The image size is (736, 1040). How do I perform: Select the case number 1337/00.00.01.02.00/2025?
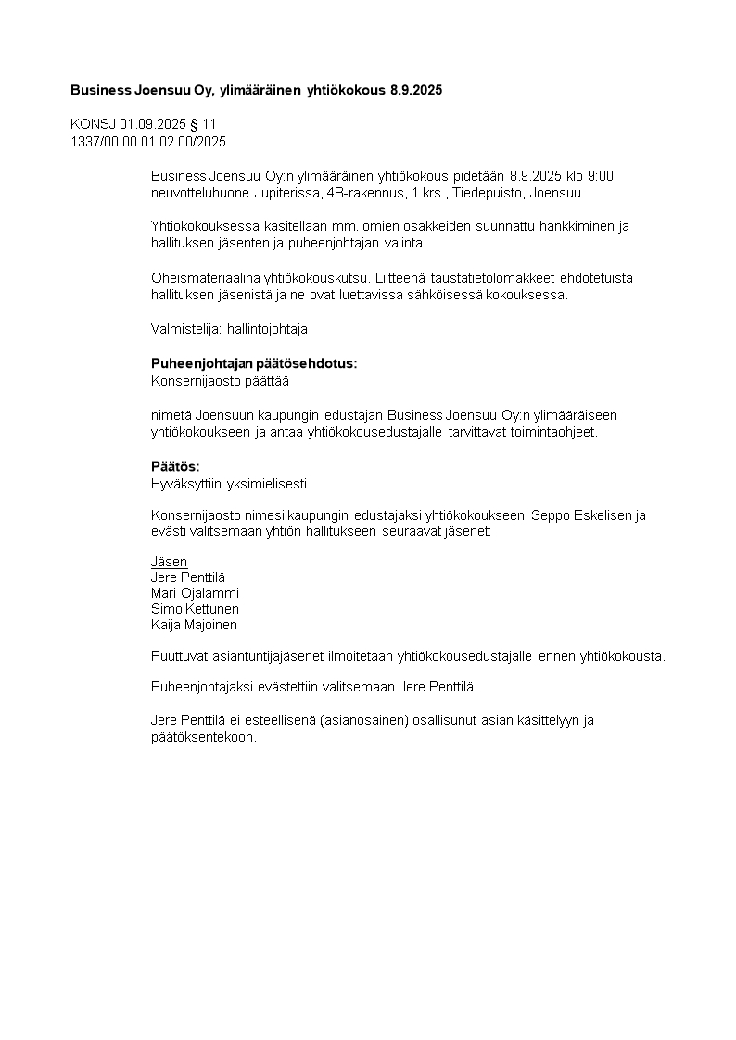pos(148,142)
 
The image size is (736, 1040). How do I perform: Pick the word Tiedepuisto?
pos(486,193)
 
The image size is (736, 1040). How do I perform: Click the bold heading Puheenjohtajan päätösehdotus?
pos(254,363)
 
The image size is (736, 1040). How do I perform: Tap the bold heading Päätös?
pos(175,466)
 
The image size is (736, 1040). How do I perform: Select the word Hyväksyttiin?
pos(184,483)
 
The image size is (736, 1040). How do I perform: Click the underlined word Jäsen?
pos(169,562)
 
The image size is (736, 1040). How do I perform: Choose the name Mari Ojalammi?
pos(195,593)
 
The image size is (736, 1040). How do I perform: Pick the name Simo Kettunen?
pos(195,609)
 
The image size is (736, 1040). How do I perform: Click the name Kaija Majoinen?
pos(194,625)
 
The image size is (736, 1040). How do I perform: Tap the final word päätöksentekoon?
pos(202,737)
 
